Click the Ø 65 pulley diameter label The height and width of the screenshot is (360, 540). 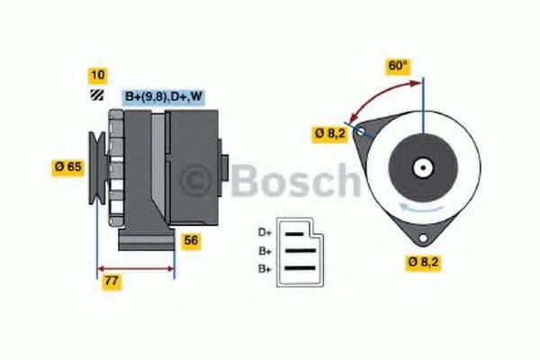pyautogui.click(x=71, y=166)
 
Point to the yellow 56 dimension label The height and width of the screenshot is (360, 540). pyautogui.click(x=190, y=240)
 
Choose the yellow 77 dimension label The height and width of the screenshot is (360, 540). pyautogui.click(x=112, y=282)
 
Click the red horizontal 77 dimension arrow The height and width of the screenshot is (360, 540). pyautogui.click(x=135, y=268)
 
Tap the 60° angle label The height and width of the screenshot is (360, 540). pyautogui.click(x=398, y=66)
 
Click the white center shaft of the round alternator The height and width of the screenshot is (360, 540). pyautogui.click(x=420, y=166)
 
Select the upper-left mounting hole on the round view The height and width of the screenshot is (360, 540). pyautogui.click(x=362, y=132)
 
